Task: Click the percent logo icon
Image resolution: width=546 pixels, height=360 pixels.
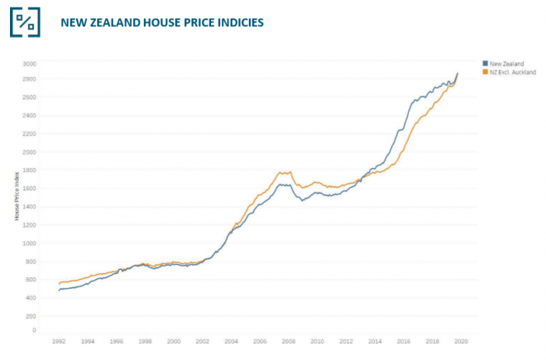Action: click(25, 22)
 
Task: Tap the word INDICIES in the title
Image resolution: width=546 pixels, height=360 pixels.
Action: click(235, 22)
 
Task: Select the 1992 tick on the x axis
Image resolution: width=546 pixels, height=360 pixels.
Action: click(60, 341)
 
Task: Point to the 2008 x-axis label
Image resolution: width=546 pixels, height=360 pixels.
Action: click(289, 341)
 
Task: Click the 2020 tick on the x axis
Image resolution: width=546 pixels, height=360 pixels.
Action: click(461, 341)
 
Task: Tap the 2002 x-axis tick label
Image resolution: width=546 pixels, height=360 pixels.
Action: click(203, 341)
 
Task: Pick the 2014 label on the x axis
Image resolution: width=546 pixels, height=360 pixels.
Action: click(375, 341)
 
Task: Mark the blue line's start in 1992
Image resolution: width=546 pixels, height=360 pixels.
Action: click(60, 290)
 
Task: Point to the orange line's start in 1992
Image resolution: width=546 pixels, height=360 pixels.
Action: click(60, 284)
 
